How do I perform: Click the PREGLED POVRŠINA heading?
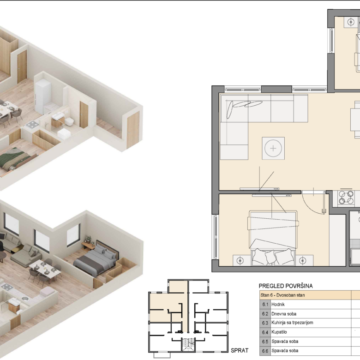pos(286,286)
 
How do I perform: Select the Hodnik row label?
pos(278,305)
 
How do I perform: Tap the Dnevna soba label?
pos(284,314)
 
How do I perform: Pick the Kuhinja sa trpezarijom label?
pos(292,323)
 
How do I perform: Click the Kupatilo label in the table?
pos(279,332)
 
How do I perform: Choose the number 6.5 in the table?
pos(265,342)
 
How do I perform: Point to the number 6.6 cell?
pos(265,351)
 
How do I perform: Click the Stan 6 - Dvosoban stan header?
pos(282,295)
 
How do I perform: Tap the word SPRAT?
pos(240,351)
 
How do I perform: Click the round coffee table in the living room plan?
pos(273,148)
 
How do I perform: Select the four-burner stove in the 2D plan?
pos(346,198)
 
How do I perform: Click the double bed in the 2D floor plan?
pos(273,238)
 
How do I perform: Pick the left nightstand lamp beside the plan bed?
pos(240,261)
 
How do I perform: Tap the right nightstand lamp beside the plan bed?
pos(303,261)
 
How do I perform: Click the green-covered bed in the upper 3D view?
pos(16,159)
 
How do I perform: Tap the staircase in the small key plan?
pos(188,344)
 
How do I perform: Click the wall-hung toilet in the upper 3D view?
pos(69,122)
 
